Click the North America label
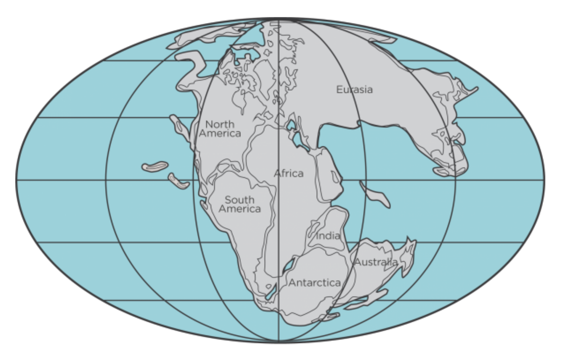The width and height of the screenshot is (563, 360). (220, 129)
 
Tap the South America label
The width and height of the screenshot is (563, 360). (239, 204)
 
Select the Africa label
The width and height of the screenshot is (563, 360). (289, 173)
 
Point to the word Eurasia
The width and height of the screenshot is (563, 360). (354, 90)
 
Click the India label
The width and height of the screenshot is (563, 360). (328, 236)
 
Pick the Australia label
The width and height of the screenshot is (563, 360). (376, 262)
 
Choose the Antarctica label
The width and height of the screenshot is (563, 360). (314, 283)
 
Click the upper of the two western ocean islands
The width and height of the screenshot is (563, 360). (155, 167)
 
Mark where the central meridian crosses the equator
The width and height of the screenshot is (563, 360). (279, 180)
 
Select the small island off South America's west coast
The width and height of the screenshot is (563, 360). (203, 205)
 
